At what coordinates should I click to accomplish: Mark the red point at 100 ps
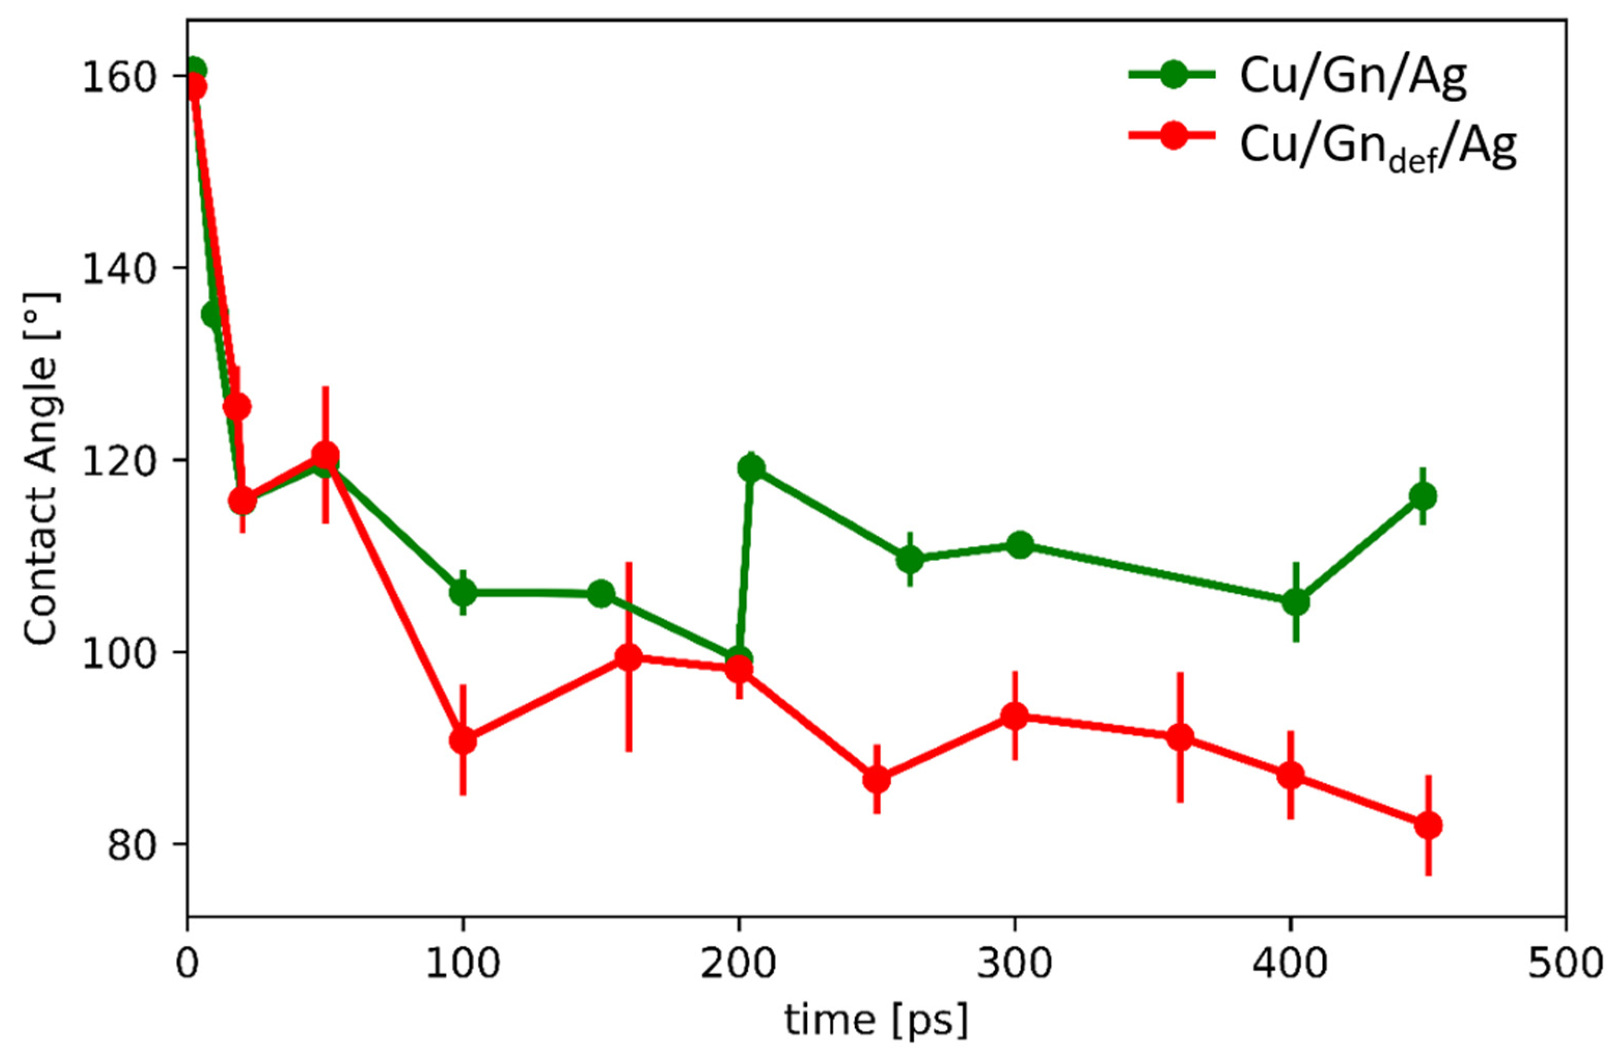(463, 740)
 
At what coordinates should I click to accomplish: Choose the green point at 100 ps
(463, 592)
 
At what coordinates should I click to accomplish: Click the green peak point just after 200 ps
(751, 468)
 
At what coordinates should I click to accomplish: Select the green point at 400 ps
(1296, 602)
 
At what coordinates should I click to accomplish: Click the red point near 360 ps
(1180, 737)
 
